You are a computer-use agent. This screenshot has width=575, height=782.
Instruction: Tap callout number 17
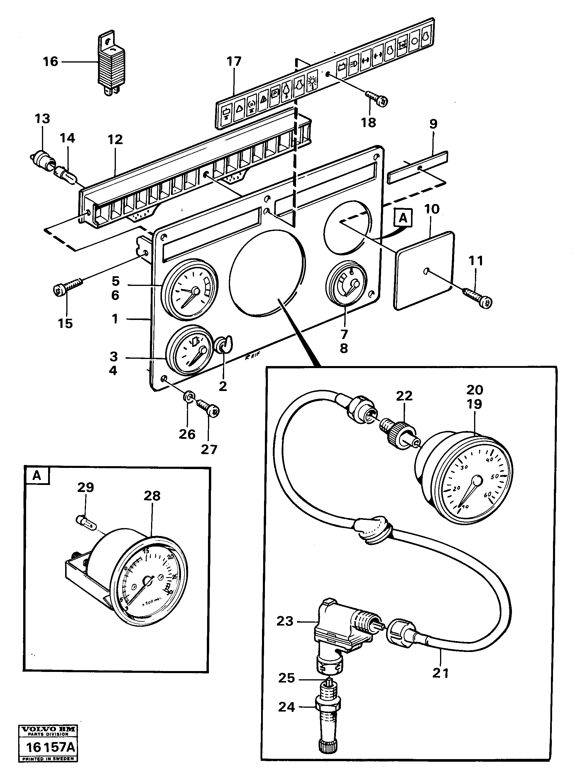click(234, 62)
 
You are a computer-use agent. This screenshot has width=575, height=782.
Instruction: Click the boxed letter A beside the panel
click(403, 218)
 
